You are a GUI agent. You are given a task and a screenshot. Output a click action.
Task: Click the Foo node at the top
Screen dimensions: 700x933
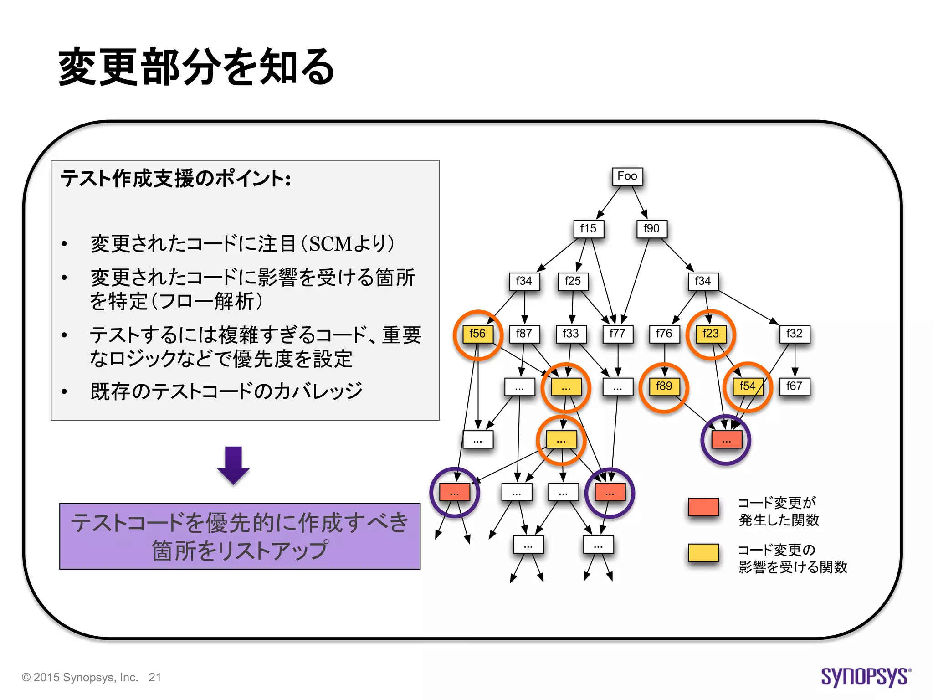pos(627,176)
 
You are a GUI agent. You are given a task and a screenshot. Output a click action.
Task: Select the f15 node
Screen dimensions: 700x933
pos(588,229)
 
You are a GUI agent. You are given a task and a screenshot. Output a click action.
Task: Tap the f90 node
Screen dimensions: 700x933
pos(651,229)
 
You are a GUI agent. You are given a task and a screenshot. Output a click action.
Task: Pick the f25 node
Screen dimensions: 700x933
pos(573,281)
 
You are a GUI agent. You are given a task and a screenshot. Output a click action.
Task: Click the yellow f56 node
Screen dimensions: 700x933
pos(477,334)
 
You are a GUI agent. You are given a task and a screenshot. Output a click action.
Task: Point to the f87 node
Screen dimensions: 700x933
pos(524,334)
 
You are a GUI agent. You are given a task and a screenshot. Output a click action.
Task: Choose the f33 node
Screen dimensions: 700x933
pos(571,334)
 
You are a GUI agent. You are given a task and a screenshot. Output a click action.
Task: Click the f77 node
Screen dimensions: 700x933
pos(618,334)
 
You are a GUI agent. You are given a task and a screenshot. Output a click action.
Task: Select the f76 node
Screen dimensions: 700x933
pos(664,334)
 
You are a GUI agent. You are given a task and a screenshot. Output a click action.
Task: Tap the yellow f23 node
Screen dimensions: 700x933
pos(711,334)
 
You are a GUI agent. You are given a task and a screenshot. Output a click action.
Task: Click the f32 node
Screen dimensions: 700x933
pos(795,334)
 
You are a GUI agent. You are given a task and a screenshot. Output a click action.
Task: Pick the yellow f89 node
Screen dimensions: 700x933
pos(664,386)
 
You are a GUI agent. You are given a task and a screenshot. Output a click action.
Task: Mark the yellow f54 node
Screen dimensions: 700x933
pos(748,386)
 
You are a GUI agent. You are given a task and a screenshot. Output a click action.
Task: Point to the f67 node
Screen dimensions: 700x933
pos(795,386)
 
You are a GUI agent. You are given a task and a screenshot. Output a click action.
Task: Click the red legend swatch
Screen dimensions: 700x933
pos(703,507)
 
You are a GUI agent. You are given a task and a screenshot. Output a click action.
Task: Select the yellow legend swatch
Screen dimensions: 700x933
pos(703,553)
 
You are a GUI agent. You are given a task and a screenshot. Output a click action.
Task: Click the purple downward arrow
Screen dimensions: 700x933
pos(233,465)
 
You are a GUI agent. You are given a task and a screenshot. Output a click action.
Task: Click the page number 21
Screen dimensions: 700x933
pos(155,678)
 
